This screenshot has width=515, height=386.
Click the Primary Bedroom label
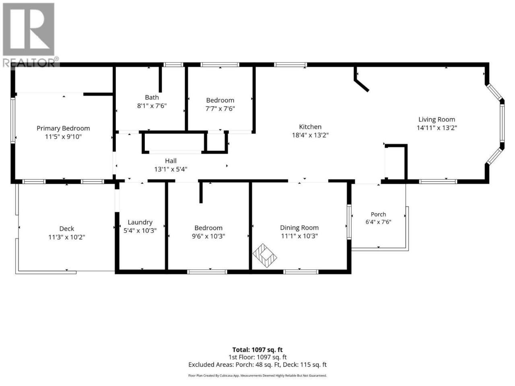(x=63, y=128)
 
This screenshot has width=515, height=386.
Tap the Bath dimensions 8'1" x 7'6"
(x=152, y=106)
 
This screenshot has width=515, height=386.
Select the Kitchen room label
(x=310, y=127)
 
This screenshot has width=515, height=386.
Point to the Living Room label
(x=437, y=119)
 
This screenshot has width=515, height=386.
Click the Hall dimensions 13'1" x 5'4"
(x=171, y=169)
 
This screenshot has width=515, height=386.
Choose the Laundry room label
(x=140, y=222)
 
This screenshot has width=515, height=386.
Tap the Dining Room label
(x=299, y=228)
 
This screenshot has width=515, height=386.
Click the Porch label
(x=378, y=214)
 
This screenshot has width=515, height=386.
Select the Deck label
(x=67, y=228)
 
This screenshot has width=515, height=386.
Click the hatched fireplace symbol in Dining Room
(x=265, y=256)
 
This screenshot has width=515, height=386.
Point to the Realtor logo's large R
(x=29, y=29)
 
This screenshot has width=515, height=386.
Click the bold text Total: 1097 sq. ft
(x=257, y=350)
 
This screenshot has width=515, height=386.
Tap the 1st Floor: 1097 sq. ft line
(x=257, y=357)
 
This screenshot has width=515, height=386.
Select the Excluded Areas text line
(x=257, y=365)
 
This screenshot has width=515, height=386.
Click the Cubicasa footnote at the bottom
(x=257, y=376)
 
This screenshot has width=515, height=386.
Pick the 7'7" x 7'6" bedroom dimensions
(x=220, y=109)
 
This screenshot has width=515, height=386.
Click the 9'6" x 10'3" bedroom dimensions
(x=208, y=236)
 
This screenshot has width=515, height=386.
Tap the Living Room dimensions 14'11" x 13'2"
(x=437, y=128)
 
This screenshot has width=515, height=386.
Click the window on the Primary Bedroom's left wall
(x=13, y=120)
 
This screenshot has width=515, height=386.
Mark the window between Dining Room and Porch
(x=349, y=222)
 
